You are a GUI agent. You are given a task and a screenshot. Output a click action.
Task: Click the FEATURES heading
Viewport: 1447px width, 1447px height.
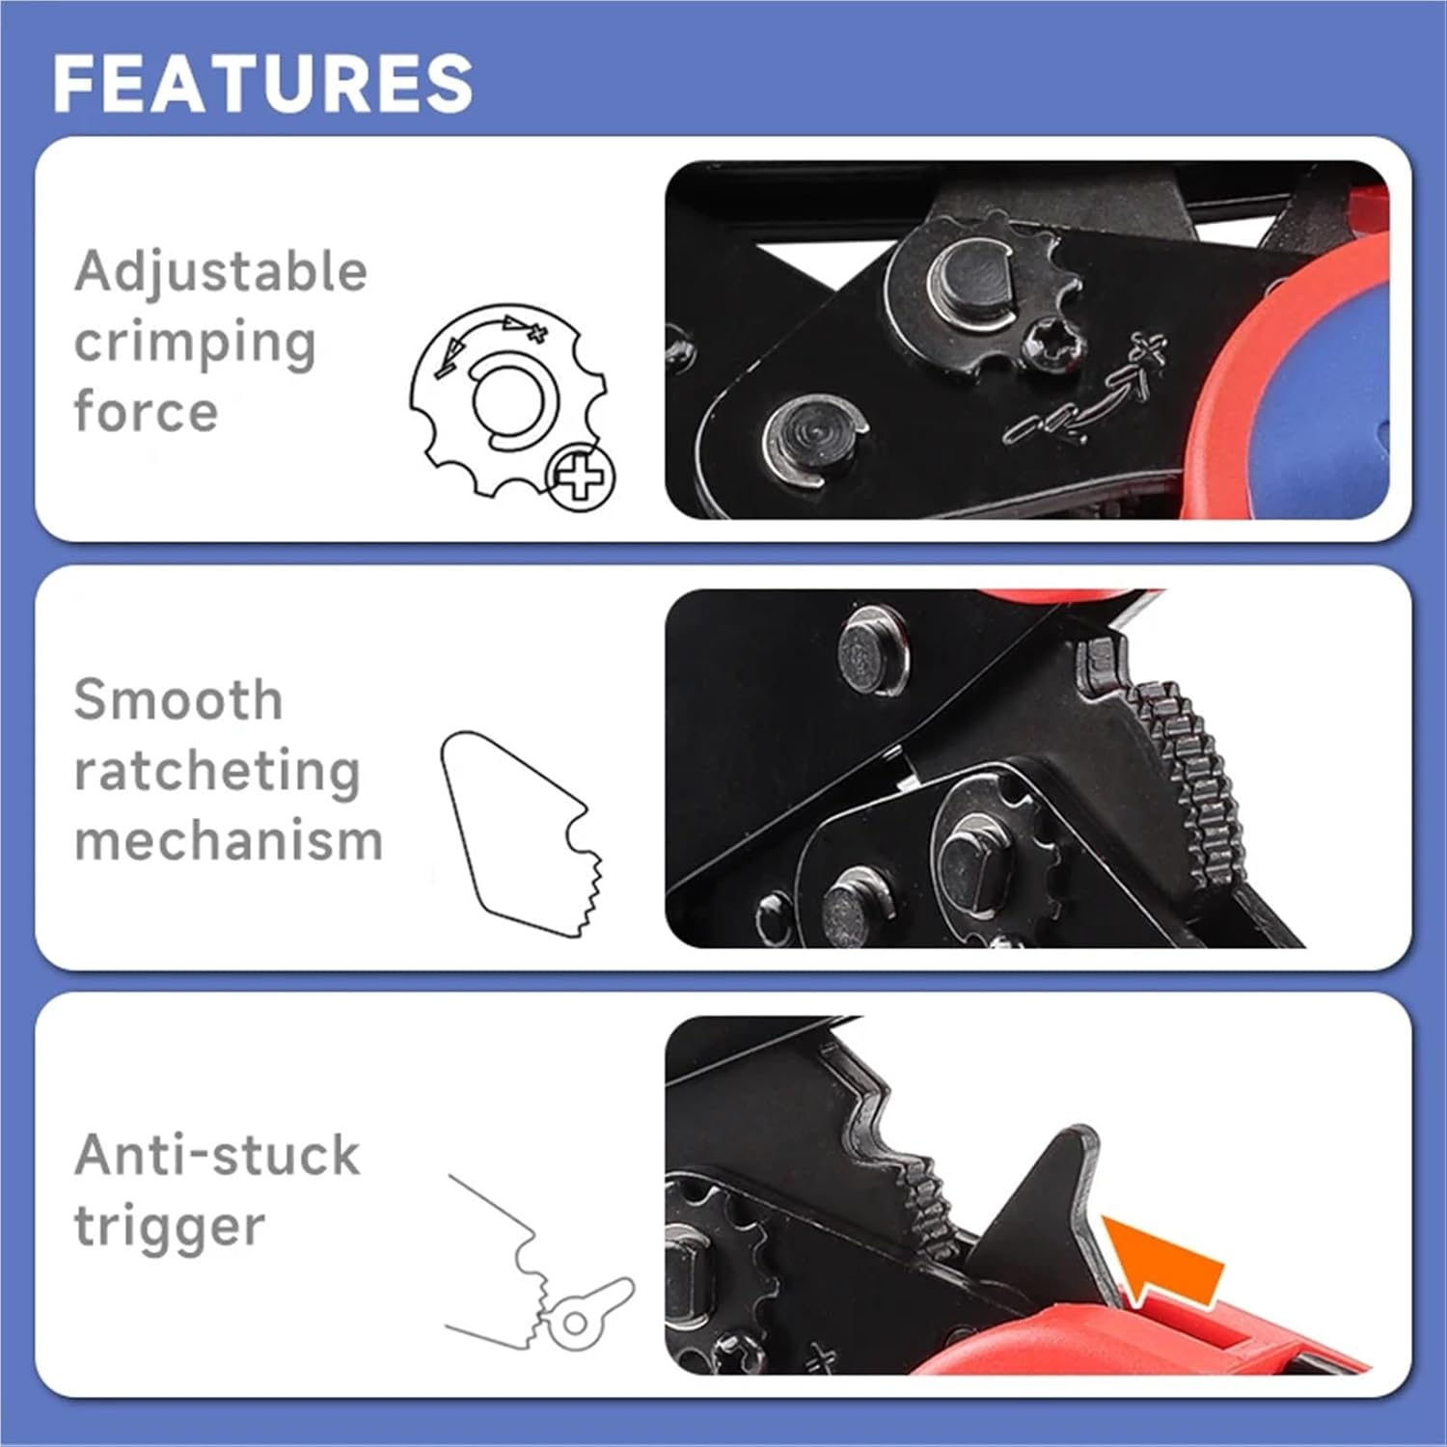pos(262,83)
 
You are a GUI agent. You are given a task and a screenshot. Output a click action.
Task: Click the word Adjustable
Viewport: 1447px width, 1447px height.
pos(221,271)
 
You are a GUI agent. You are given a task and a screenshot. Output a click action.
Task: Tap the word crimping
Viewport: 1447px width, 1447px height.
pos(195,343)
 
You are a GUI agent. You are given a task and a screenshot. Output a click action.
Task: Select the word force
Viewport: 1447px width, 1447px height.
pos(146,412)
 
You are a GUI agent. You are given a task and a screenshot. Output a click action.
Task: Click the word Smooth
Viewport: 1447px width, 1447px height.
pos(178,699)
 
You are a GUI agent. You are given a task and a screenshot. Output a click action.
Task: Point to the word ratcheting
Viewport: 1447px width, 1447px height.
pos(217,772)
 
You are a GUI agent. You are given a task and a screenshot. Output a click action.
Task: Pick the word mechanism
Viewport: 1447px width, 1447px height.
pos(229,841)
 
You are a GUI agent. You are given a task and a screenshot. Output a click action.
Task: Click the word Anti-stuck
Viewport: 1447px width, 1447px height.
pos(217,1155)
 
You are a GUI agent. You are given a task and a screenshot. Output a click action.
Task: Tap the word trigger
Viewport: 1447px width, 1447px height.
pos(169,1226)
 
